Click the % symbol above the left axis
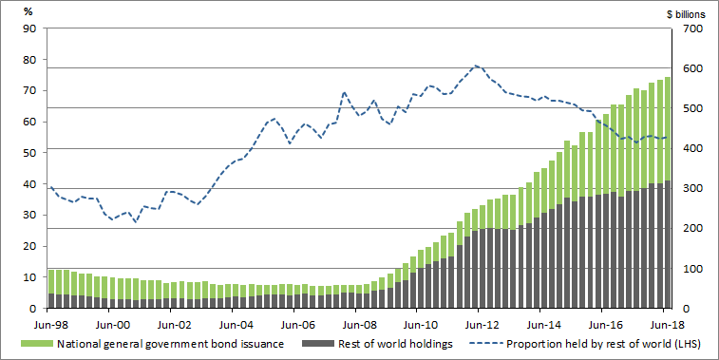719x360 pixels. point(28,11)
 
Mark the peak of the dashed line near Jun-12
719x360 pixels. point(477,66)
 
